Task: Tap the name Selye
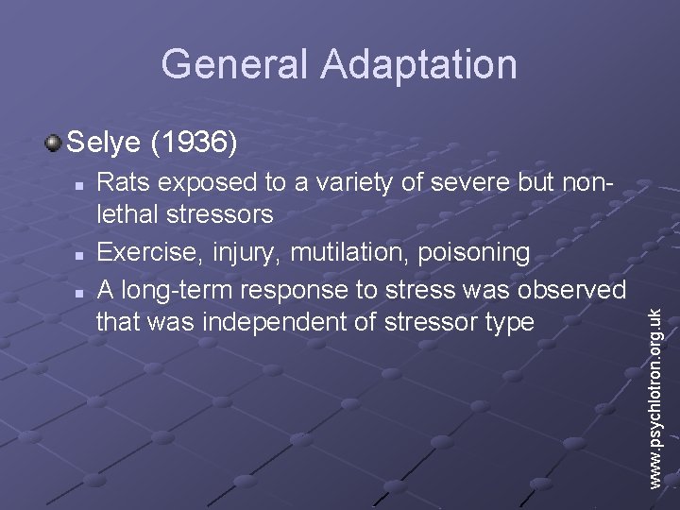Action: [103, 143]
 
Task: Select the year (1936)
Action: [194, 143]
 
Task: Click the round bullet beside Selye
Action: [53, 144]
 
